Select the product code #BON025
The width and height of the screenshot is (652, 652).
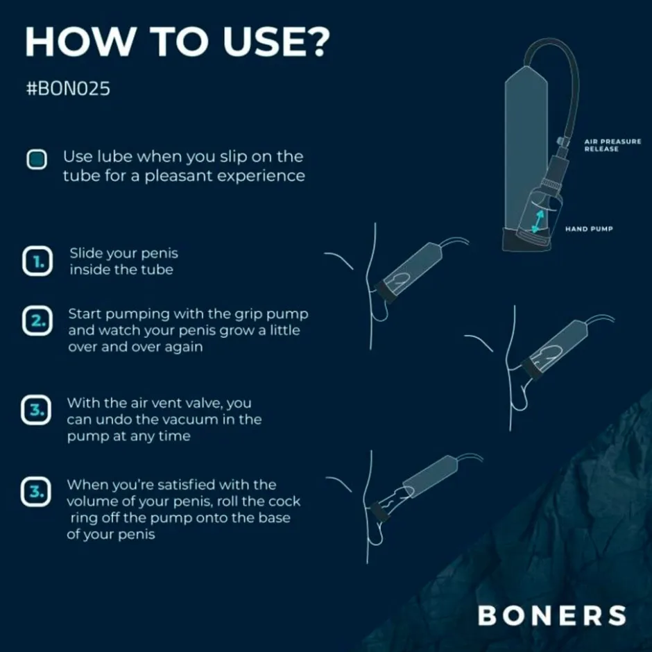coord(68,90)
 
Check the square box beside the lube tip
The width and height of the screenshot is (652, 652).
coord(37,160)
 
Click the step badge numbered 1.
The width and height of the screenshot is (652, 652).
coord(37,262)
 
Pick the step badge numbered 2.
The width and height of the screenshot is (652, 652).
coord(37,322)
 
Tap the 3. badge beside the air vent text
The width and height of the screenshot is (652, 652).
coord(37,410)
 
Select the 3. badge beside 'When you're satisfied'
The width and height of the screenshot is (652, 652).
coord(37,492)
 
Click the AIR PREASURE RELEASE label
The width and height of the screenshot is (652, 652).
coord(612,145)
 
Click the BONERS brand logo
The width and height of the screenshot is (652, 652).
coord(552,615)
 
